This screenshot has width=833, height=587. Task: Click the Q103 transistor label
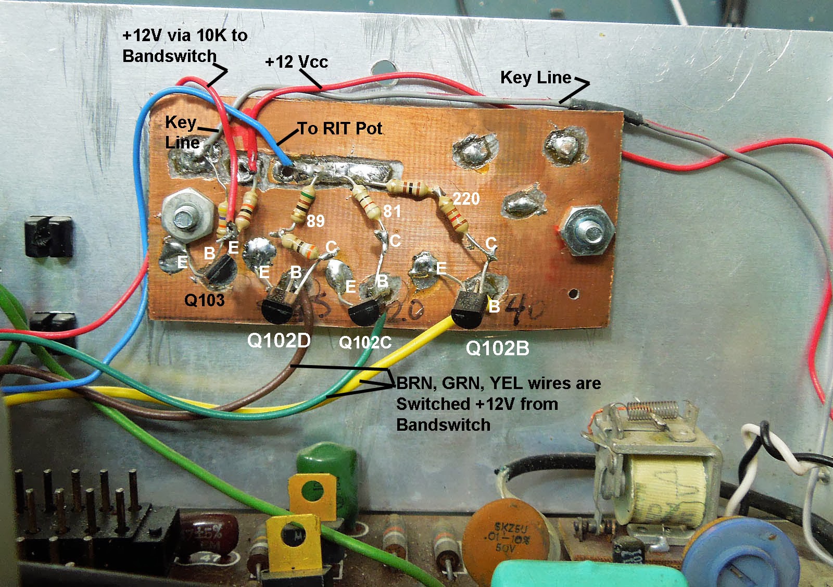205,300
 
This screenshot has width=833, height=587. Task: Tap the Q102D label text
279,341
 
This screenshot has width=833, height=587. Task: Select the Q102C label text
365,342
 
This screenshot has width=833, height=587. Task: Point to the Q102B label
497,348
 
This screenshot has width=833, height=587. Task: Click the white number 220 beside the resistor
466,198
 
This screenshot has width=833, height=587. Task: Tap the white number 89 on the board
315,221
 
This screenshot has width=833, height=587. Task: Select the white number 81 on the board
392,211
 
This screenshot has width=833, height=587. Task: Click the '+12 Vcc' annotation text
296,62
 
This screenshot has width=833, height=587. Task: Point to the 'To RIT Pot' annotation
340,129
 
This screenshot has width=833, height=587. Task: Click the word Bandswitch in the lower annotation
443,424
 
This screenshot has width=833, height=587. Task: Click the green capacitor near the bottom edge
327,469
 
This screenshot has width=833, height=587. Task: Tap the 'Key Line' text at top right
536,78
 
